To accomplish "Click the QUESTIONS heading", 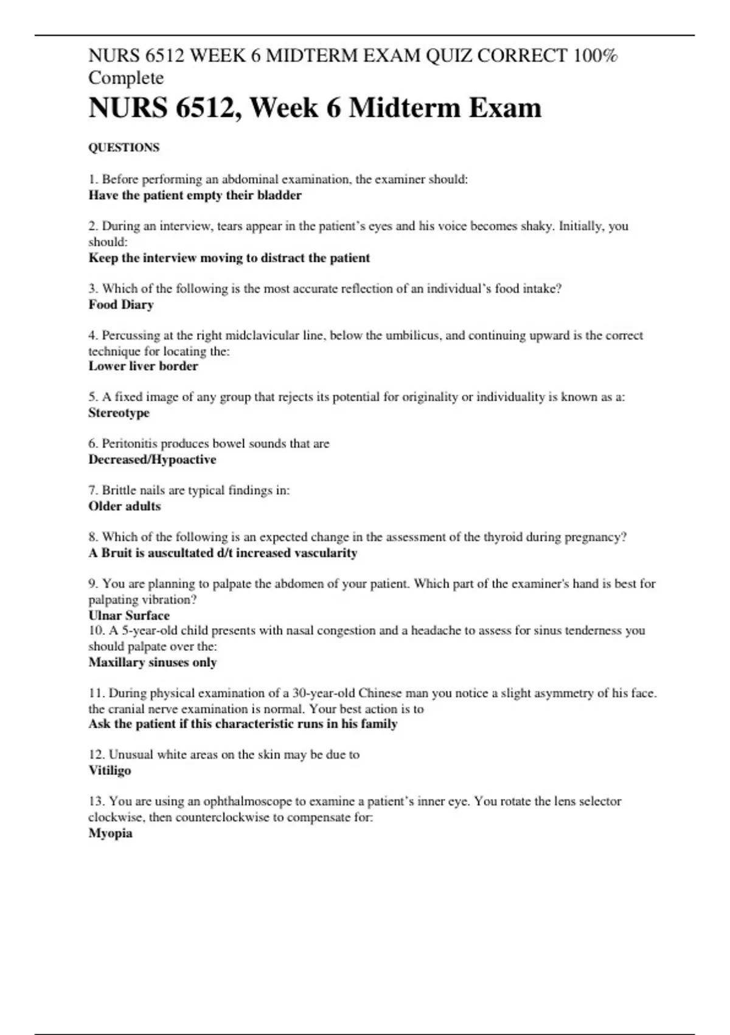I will tap(124, 148).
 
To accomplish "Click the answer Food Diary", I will tap(121, 304).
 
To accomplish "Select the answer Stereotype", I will tap(119, 413).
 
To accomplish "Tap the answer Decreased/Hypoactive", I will tap(152, 460).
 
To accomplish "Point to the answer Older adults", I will tap(125, 506).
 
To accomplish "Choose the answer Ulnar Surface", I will tap(129, 615).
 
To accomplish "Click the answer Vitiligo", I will tap(110, 770).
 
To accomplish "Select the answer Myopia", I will tap(111, 833).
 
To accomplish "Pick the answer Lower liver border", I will tap(143, 366).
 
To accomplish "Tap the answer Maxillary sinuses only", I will tap(153, 662).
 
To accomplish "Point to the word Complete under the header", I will tap(126, 79).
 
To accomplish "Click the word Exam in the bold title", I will tap(504, 108).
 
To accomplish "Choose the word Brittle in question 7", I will tap(118, 490).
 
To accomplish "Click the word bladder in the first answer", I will tap(279, 195).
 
